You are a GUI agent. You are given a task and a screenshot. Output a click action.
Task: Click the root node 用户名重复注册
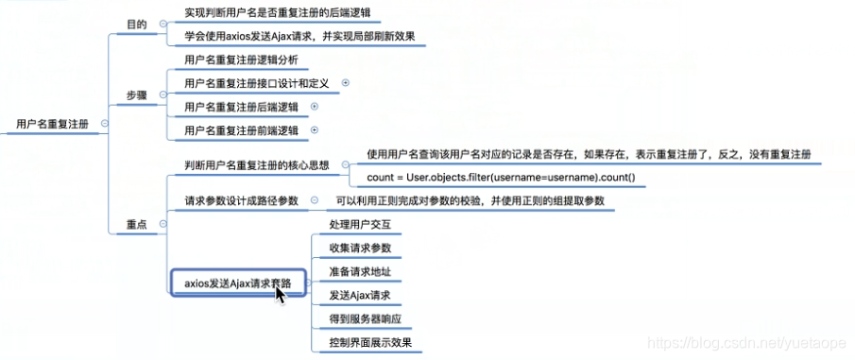click(x=52, y=123)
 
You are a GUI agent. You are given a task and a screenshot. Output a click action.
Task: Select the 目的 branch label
click(x=136, y=24)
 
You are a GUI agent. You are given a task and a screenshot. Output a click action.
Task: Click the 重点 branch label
click(x=136, y=223)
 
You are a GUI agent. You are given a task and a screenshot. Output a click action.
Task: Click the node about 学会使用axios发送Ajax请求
click(x=299, y=38)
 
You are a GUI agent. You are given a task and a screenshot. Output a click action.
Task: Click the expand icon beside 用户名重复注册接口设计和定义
click(x=345, y=83)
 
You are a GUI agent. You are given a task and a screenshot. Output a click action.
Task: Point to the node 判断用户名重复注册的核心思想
click(x=257, y=165)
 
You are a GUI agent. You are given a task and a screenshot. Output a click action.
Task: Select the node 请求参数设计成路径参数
click(x=242, y=201)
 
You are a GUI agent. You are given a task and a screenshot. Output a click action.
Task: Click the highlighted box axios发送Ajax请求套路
click(x=238, y=283)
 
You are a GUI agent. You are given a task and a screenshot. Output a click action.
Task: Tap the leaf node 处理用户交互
click(x=360, y=225)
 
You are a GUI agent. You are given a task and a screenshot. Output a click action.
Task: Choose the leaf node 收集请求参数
click(x=360, y=249)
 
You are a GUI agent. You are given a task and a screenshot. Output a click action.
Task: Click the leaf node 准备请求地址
click(x=360, y=272)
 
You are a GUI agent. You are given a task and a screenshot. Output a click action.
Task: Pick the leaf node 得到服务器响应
click(x=367, y=319)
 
